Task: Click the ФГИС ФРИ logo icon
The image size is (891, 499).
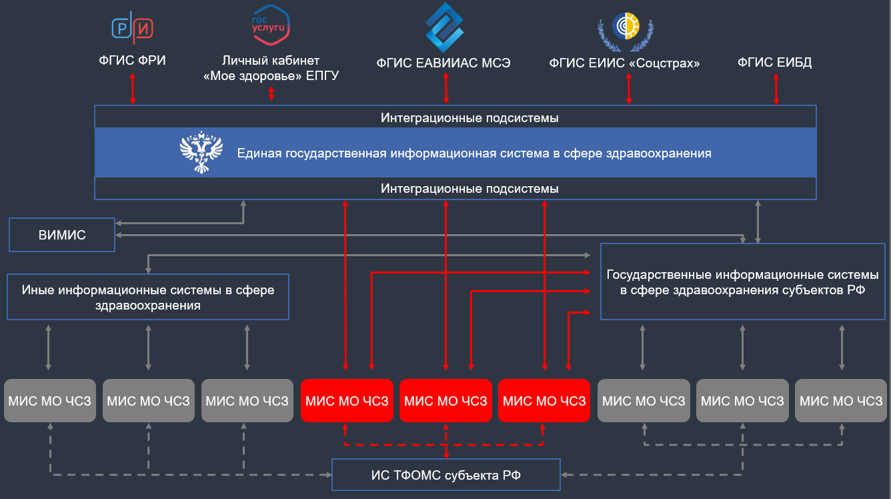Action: (132, 27)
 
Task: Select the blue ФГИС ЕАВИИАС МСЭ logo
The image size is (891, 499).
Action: (445, 27)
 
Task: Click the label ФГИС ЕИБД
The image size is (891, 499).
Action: (774, 63)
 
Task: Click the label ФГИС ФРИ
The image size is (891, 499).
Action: (132, 61)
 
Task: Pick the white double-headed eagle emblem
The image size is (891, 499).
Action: (201, 153)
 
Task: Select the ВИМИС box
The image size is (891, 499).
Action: (62, 235)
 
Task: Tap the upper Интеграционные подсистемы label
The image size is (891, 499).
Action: (470, 117)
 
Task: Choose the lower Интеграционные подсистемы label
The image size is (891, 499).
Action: (470, 189)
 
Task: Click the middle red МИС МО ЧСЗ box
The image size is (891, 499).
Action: (445, 401)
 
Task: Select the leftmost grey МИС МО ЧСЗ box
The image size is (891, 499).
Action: (49, 401)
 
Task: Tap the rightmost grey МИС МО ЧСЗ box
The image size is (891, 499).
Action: (840, 401)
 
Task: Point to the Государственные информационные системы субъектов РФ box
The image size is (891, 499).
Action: (742, 282)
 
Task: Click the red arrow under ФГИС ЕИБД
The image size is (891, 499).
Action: (776, 89)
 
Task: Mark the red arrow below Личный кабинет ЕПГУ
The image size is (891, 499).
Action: (271, 93)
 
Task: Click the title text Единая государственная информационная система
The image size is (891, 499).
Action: (474, 153)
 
